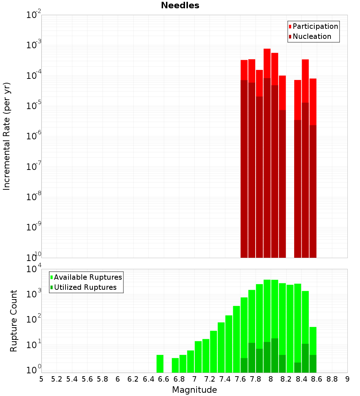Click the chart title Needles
point(180,6)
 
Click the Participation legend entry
point(315,27)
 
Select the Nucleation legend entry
point(312,37)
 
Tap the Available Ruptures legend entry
point(88,278)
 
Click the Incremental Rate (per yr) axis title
point(7,136)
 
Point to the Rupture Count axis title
point(14,321)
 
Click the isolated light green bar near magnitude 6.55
point(160,364)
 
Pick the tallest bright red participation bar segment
point(267,63)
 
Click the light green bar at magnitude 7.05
point(198,357)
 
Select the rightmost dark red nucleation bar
point(313,191)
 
